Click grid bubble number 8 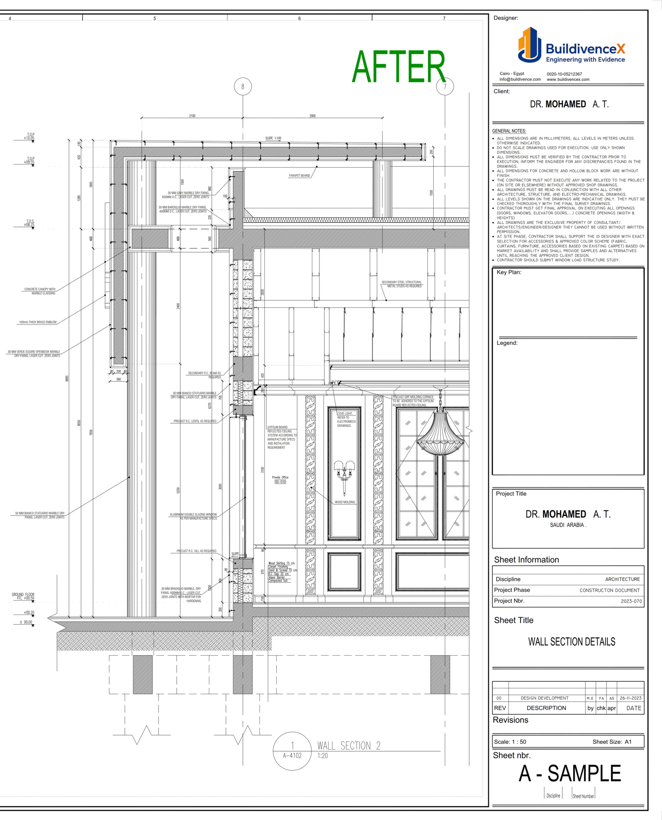click(x=242, y=87)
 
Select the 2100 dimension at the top click(x=192, y=116)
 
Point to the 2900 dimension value click(x=312, y=116)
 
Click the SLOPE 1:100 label click(x=273, y=138)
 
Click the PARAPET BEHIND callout click(x=299, y=176)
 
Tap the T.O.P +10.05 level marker click(x=29, y=137)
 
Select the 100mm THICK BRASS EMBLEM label click(x=38, y=322)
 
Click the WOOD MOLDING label click(x=345, y=502)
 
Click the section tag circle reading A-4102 click(x=292, y=751)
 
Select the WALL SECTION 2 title click(x=348, y=745)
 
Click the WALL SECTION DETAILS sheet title click(x=571, y=642)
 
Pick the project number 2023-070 click(x=631, y=601)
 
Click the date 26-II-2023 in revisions click(x=630, y=698)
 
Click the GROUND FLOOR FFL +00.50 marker click(x=24, y=596)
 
